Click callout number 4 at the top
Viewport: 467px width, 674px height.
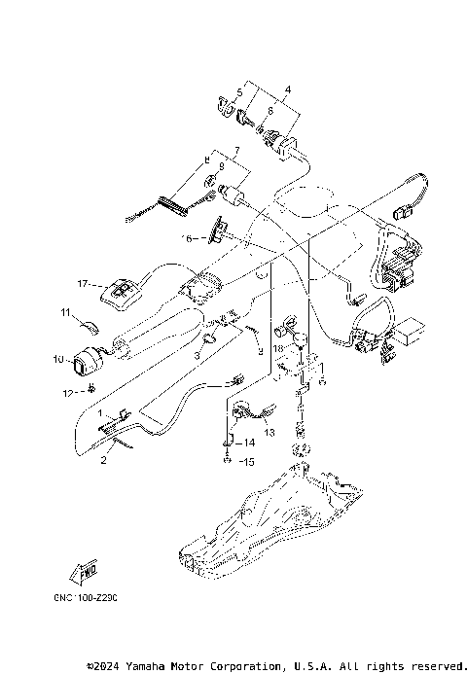(x=287, y=89)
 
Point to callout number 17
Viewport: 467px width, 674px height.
(x=84, y=284)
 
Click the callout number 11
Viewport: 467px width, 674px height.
(x=66, y=312)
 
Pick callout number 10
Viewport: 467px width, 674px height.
(x=57, y=358)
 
